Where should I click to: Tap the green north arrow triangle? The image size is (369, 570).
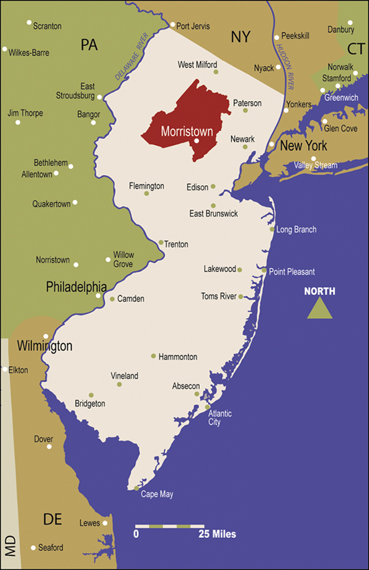(320, 309)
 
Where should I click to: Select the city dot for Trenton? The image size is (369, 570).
(161, 243)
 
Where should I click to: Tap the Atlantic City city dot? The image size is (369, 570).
(207, 406)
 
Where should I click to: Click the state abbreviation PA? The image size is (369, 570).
(89, 45)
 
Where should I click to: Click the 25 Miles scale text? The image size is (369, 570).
(217, 535)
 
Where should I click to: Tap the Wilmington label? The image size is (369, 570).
(44, 346)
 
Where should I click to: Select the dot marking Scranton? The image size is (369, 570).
(29, 23)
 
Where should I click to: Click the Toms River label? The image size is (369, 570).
(218, 296)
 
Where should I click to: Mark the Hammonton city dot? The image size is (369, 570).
(153, 355)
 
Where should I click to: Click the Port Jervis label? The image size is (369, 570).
(193, 26)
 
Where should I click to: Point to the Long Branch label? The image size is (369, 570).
(296, 230)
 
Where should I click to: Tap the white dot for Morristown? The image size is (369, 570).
(197, 141)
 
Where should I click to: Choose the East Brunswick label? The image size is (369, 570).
(213, 214)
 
